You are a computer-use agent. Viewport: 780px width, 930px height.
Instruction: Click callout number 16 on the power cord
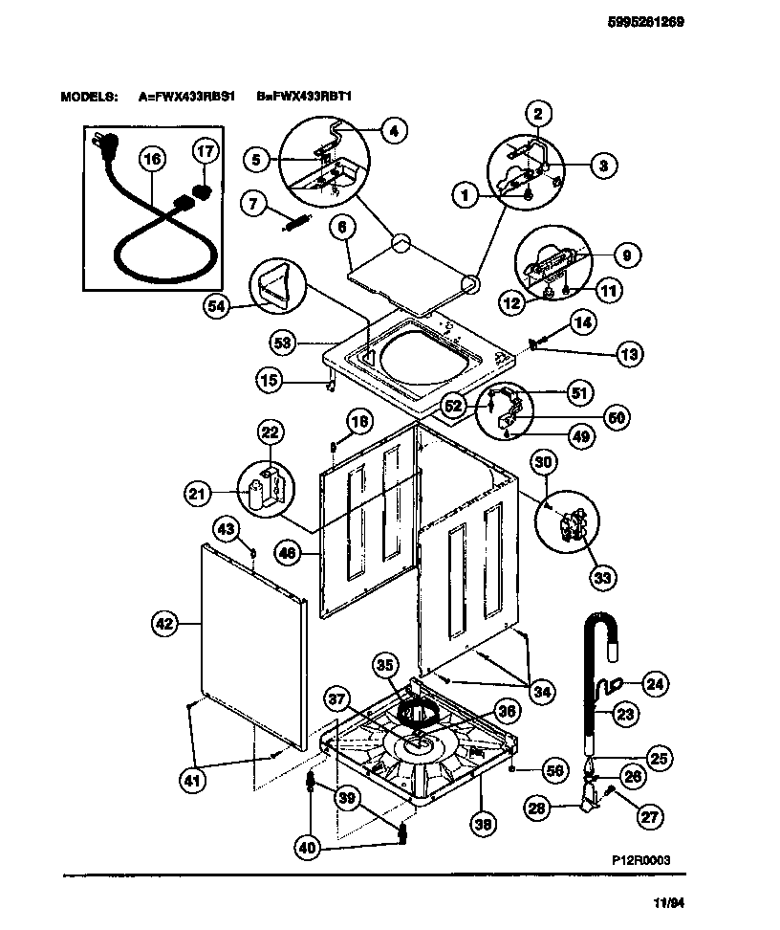pyautogui.click(x=151, y=160)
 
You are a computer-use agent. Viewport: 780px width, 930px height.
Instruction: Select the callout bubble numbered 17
pyautogui.click(x=206, y=151)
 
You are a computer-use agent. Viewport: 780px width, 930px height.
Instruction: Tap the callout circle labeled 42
pyautogui.click(x=164, y=623)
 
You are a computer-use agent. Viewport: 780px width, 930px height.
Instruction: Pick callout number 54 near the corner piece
pyautogui.click(x=217, y=306)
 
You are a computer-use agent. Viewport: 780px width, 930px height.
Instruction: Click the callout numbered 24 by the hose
pyautogui.click(x=654, y=683)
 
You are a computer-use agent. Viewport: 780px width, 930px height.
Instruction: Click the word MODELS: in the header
pyautogui.click(x=89, y=98)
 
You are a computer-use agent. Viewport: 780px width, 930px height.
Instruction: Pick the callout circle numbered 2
pyautogui.click(x=536, y=114)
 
